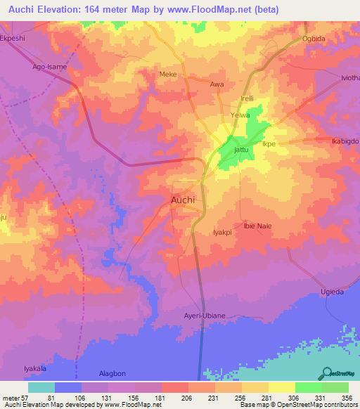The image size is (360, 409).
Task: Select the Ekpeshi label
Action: [x=17, y=40]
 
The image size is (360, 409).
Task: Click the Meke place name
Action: [x=168, y=74]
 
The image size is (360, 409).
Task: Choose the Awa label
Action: [x=217, y=84]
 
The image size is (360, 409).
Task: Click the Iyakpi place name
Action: [x=221, y=231]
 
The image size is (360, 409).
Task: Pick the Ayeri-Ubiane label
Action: [x=204, y=316]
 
